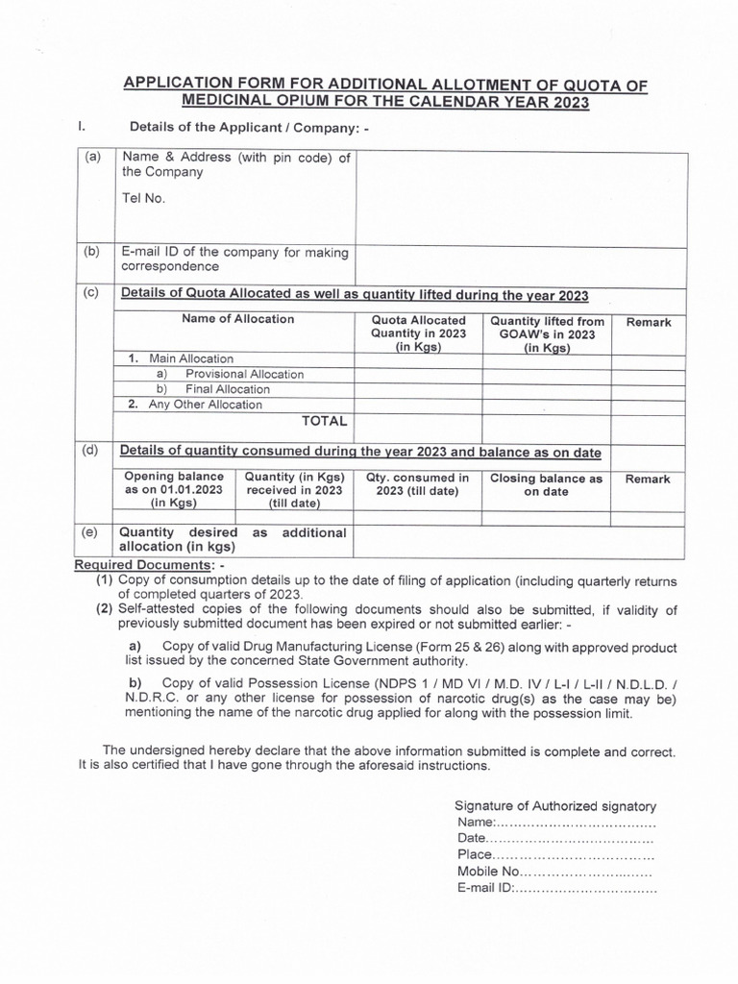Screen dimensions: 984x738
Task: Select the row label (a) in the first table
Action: point(92,158)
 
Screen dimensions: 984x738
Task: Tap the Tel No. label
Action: point(143,199)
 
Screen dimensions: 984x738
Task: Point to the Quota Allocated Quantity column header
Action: point(418,333)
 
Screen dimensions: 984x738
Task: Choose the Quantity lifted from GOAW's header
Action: point(547,333)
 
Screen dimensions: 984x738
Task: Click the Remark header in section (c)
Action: point(649,323)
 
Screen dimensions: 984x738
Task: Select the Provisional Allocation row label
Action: point(244,374)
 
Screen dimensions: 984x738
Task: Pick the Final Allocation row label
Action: point(228,389)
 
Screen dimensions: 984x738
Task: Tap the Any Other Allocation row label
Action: point(204,405)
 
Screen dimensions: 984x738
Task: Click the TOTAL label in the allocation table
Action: point(325,421)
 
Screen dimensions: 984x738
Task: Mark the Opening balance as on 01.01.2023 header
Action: point(174,489)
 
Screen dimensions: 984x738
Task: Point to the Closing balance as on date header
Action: point(547,484)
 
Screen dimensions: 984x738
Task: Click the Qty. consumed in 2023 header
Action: point(418,484)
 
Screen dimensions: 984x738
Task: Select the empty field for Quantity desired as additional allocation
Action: point(521,540)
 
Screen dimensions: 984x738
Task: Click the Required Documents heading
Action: point(146,565)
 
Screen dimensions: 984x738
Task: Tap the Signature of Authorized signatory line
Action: point(554,806)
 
